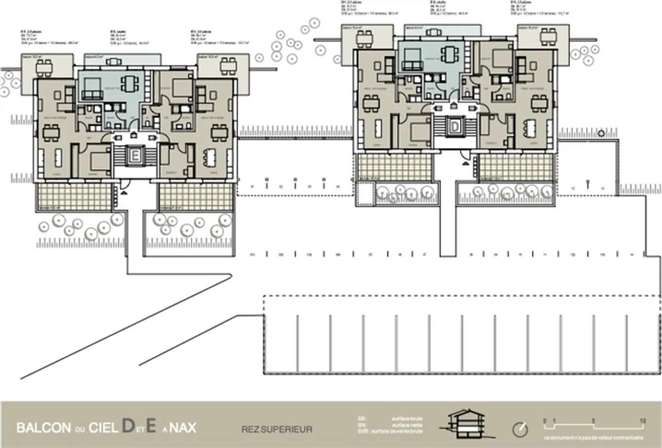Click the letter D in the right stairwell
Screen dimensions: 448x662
coord(455,126)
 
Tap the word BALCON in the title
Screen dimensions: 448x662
coord(44,428)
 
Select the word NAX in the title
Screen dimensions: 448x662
coord(183,428)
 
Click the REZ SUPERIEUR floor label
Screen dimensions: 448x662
coord(277,430)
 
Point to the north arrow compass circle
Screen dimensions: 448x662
coord(520,429)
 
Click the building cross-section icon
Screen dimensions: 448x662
coord(467,423)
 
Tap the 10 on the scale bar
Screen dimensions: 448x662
coord(642,420)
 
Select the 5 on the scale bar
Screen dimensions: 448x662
coord(593,420)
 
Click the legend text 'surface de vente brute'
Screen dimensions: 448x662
coord(397,431)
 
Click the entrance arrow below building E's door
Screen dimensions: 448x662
coord(124,193)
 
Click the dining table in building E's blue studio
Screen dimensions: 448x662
coord(131,84)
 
